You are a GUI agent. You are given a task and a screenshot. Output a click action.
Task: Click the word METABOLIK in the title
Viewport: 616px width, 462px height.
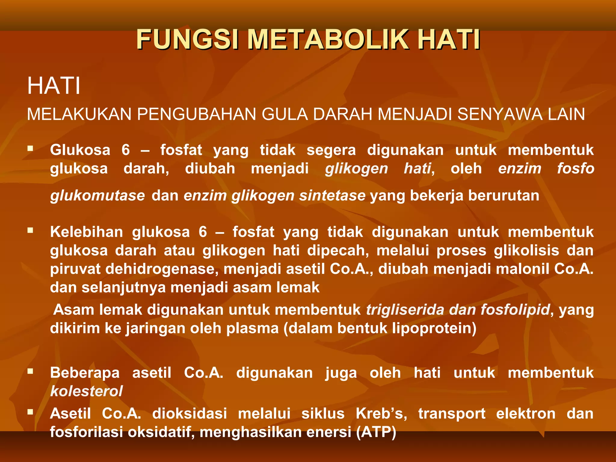point(328,39)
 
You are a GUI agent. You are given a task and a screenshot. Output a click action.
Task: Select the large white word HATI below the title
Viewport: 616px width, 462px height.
point(54,86)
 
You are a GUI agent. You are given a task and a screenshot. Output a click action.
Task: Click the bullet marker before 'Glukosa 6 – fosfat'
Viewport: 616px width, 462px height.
point(30,148)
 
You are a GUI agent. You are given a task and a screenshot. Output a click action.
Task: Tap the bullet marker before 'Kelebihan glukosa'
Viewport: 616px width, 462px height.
point(30,230)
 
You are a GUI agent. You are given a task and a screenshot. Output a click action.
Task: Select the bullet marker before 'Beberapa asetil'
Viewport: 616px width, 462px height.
point(30,371)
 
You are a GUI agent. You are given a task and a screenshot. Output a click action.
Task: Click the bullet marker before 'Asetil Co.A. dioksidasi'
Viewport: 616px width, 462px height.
point(30,412)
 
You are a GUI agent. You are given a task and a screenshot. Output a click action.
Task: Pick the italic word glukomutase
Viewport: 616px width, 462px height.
point(97,196)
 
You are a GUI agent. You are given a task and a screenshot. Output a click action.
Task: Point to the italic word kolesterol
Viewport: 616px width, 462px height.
point(86,391)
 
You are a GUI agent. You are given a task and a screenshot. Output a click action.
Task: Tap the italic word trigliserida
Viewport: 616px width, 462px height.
point(405,310)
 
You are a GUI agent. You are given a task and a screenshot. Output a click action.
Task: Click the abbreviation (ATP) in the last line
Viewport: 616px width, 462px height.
point(376,432)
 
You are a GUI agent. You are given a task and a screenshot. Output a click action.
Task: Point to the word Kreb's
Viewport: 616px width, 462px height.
point(381,413)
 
